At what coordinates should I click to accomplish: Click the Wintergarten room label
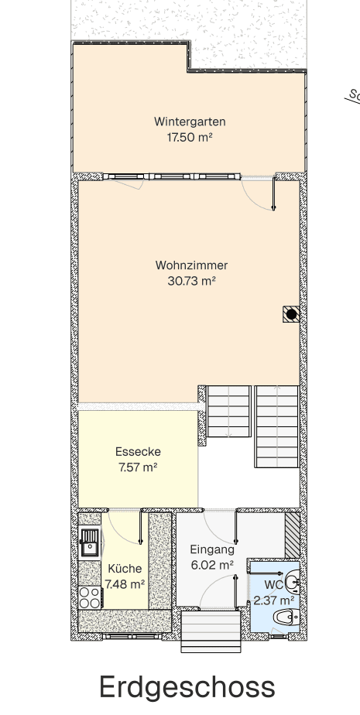click(190, 121)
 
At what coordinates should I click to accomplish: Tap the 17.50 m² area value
click(190, 138)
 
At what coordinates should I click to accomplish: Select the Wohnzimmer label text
click(191, 265)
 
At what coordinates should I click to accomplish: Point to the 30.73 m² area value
click(191, 282)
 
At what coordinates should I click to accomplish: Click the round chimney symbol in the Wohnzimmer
click(290, 313)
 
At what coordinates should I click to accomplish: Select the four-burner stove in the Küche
click(89, 597)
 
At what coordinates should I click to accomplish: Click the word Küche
click(125, 568)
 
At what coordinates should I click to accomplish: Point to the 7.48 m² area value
click(125, 583)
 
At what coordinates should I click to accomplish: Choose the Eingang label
click(212, 549)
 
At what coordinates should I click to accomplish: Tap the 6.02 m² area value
click(212, 565)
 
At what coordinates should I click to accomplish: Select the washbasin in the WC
click(293, 580)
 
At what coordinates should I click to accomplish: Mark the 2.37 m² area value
click(274, 600)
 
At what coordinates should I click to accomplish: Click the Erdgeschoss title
click(187, 686)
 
